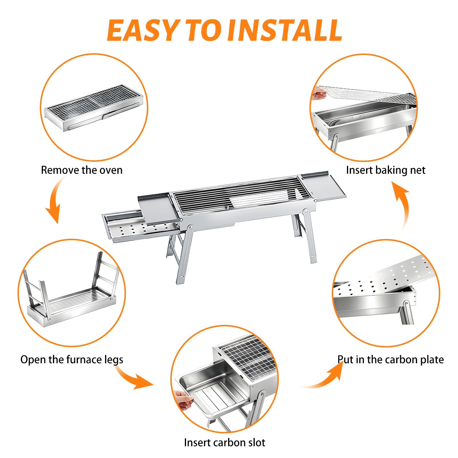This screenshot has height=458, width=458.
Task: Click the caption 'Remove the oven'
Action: tap(82, 170)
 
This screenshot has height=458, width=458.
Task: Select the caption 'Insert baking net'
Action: tap(386, 170)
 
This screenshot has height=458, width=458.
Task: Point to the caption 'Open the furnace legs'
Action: tap(72, 360)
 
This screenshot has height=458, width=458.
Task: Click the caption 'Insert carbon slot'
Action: tap(225, 443)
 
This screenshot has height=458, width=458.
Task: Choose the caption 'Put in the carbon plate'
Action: tap(391, 360)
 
